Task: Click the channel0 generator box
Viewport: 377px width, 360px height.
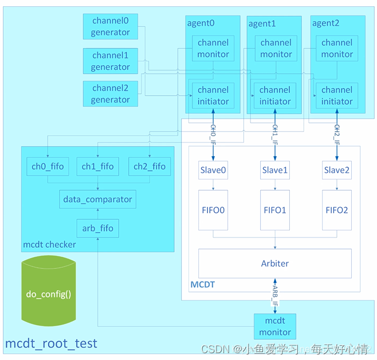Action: click(110, 26)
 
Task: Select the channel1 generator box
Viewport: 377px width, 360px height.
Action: click(110, 61)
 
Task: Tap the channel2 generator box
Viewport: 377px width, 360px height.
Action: click(110, 94)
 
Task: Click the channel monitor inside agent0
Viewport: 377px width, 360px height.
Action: click(213, 48)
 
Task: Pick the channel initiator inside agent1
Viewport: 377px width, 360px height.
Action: click(275, 96)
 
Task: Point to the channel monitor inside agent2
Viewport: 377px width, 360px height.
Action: click(337, 48)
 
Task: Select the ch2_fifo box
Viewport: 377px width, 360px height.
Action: click(149, 167)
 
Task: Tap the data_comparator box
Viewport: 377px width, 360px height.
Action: click(97, 199)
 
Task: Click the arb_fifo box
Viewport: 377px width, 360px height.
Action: click(97, 228)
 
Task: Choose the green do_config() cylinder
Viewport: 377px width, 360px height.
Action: click(52, 294)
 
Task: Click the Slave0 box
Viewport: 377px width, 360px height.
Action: click(213, 170)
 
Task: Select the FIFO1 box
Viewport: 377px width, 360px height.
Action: click(275, 210)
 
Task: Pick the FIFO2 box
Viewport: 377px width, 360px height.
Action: click(336, 210)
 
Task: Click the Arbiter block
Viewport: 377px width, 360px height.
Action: click(274, 263)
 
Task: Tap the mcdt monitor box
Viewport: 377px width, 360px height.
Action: click(275, 326)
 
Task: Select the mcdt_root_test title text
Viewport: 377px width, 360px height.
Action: click(52, 343)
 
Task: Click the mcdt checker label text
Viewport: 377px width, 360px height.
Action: click(49, 244)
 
